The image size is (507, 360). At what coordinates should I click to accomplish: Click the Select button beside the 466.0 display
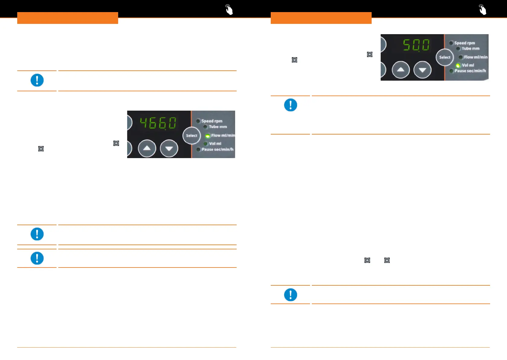[x=192, y=136]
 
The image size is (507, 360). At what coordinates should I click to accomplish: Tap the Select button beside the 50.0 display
[x=444, y=57]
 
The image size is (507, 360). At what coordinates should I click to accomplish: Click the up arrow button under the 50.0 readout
[x=401, y=70]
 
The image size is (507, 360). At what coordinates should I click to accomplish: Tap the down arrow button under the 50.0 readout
[x=422, y=70]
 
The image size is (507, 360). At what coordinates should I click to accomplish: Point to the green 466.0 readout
[x=158, y=123]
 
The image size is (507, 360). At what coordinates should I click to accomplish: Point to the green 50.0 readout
[x=416, y=45]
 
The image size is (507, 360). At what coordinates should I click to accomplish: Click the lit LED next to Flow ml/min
[x=208, y=136]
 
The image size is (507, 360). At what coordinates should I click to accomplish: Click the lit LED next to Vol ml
[x=458, y=65]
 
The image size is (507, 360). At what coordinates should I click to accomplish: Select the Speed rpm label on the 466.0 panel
[x=212, y=121]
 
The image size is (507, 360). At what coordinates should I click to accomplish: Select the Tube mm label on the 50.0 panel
[x=470, y=48]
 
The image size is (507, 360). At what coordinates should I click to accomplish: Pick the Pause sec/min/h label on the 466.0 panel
[x=218, y=149]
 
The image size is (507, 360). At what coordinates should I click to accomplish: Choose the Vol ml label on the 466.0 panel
[x=215, y=144]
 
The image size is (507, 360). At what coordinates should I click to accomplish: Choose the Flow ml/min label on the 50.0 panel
[x=476, y=57]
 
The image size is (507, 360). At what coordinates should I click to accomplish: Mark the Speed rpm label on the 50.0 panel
[x=465, y=43]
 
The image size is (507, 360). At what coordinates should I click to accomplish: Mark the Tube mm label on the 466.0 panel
[x=218, y=127]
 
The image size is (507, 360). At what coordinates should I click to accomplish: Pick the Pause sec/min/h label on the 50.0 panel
[x=470, y=71]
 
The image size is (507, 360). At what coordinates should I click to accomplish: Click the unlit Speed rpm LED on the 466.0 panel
[x=198, y=121]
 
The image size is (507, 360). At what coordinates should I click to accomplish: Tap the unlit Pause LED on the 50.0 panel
[x=451, y=71]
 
